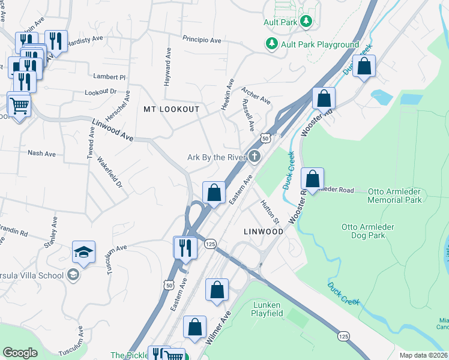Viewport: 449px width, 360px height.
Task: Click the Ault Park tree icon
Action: click(306, 22)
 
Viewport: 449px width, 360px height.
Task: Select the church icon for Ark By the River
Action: click(255, 157)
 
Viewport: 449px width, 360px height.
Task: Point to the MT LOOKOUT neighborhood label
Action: click(171, 109)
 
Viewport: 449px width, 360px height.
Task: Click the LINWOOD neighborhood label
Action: click(263, 230)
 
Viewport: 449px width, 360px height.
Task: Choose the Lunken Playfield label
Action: click(268, 308)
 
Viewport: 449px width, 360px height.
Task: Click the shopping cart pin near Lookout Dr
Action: click(19, 106)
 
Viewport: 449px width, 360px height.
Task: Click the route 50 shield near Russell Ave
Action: click(265, 138)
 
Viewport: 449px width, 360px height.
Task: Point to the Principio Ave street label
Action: click(202, 40)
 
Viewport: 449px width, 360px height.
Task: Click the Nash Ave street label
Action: click(41, 154)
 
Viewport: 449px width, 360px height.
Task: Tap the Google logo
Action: click(20, 353)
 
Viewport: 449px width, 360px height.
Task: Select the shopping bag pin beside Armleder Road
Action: click(312, 179)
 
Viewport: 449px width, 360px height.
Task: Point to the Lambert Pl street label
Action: click(109, 77)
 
